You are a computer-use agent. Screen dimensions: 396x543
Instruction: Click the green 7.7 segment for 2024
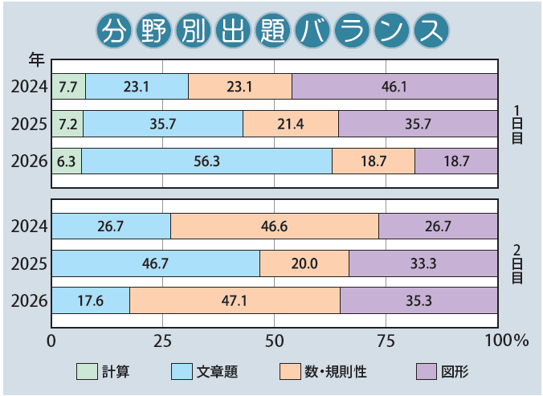(68, 86)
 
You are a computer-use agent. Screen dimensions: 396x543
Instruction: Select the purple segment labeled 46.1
(394, 86)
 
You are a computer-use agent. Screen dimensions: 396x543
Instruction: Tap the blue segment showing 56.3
(206, 161)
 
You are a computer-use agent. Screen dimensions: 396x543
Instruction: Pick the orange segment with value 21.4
(290, 124)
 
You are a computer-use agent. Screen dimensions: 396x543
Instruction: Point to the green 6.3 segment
(67, 161)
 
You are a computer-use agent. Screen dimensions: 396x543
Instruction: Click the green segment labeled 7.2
(67, 124)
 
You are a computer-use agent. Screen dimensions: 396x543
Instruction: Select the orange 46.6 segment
(275, 227)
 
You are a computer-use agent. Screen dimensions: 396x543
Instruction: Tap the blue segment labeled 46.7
(156, 263)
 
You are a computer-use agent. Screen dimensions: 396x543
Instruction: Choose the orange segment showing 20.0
(304, 263)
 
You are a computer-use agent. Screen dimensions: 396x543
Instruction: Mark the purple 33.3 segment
(423, 263)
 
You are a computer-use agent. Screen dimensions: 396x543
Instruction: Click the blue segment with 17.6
(91, 300)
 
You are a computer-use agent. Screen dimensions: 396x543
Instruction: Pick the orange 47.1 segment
(235, 300)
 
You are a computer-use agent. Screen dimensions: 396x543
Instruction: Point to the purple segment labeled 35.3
(418, 300)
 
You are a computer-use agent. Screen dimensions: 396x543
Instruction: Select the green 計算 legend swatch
(86, 371)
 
